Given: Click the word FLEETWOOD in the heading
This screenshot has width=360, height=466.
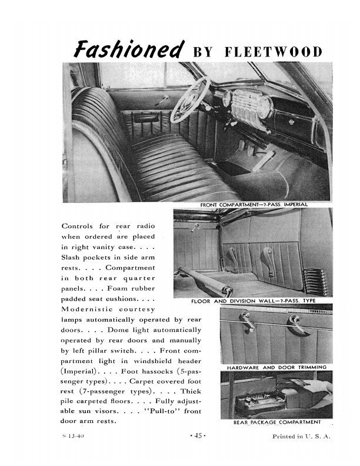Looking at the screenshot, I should click(274, 52).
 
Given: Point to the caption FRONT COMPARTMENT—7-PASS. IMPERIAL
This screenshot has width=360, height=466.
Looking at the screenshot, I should click(254, 204).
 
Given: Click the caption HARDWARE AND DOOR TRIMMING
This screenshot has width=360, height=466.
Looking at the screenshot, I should click(276, 367).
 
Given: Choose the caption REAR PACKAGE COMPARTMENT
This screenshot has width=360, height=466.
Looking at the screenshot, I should click(278, 422).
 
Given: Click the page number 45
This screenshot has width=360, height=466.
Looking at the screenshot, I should click(196, 436).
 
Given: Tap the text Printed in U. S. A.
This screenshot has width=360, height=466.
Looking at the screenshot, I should click(302, 437).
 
